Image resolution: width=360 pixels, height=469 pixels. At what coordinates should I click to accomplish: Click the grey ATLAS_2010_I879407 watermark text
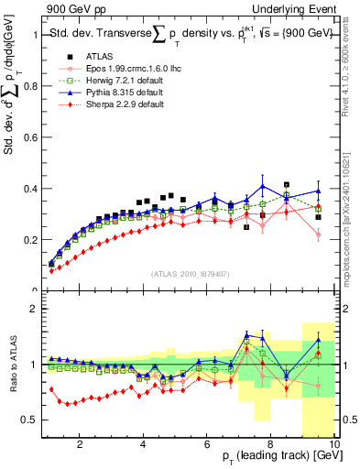pos(190,273)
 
